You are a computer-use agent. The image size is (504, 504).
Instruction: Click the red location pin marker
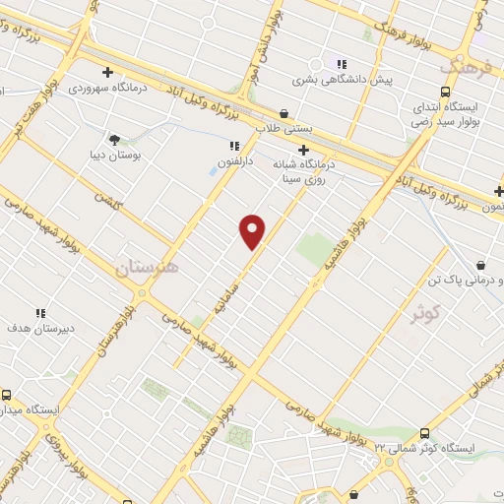tap(253, 230)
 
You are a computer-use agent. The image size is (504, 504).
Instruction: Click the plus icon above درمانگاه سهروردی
tap(107, 71)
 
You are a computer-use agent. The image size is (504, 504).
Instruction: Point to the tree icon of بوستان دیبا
tap(114, 139)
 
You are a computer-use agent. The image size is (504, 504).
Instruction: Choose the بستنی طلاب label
tap(283, 129)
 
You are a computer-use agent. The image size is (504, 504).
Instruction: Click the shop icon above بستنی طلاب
tap(283, 113)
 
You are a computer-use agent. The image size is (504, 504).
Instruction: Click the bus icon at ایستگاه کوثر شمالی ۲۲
tap(424, 433)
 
